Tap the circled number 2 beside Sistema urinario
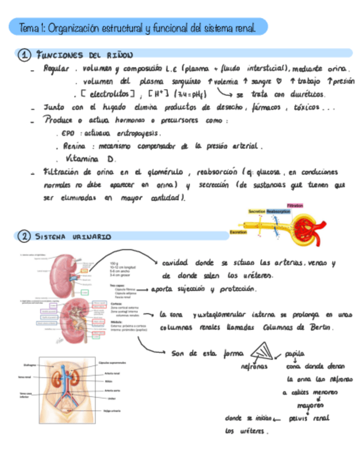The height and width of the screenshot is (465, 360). click(24, 236)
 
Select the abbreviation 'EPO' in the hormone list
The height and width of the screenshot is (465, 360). click(70, 133)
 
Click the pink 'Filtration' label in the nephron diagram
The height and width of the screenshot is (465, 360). click(295, 206)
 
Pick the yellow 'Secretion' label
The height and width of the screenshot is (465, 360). click(257, 211)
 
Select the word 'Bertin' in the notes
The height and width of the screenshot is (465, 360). click(320, 327)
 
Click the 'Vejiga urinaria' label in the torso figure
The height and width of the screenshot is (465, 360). click(113, 411)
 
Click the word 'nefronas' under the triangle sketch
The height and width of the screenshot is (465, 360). click(254, 367)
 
